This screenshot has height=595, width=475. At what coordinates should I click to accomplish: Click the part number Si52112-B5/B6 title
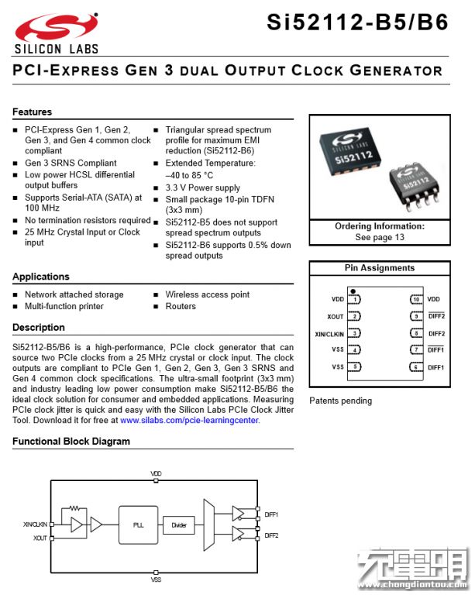tap(357, 23)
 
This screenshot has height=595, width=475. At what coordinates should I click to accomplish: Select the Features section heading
tap(32, 112)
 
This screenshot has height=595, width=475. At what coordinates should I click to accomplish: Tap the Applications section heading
tap(40, 277)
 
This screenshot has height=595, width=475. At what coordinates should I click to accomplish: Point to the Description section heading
tap(39, 328)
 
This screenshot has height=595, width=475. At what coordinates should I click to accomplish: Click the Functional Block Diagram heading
tap(71, 442)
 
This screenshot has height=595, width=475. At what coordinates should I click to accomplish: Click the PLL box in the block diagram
tap(138, 524)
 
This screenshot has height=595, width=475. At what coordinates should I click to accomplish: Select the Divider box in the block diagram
tap(179, 524)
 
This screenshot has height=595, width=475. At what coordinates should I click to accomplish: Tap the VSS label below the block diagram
tap(156, 579)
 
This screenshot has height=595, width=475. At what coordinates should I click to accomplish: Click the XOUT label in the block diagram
tap(40, 537)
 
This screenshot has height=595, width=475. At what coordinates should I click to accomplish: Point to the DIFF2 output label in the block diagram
tap(271, 535)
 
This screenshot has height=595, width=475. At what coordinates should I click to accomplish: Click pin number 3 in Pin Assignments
tap(355, 333)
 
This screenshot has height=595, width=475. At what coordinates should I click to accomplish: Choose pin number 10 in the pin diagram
tap(416, 299)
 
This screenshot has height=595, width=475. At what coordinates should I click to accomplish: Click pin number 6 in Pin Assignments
tap(416, 367)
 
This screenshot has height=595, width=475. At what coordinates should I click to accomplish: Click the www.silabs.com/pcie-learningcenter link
tap(189, 420)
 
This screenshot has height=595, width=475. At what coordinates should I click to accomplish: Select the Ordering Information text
tap(380, 226)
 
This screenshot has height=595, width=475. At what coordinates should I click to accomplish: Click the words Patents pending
tap(340, 401)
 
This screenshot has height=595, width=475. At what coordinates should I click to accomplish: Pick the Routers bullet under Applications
tap(181, 306)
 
